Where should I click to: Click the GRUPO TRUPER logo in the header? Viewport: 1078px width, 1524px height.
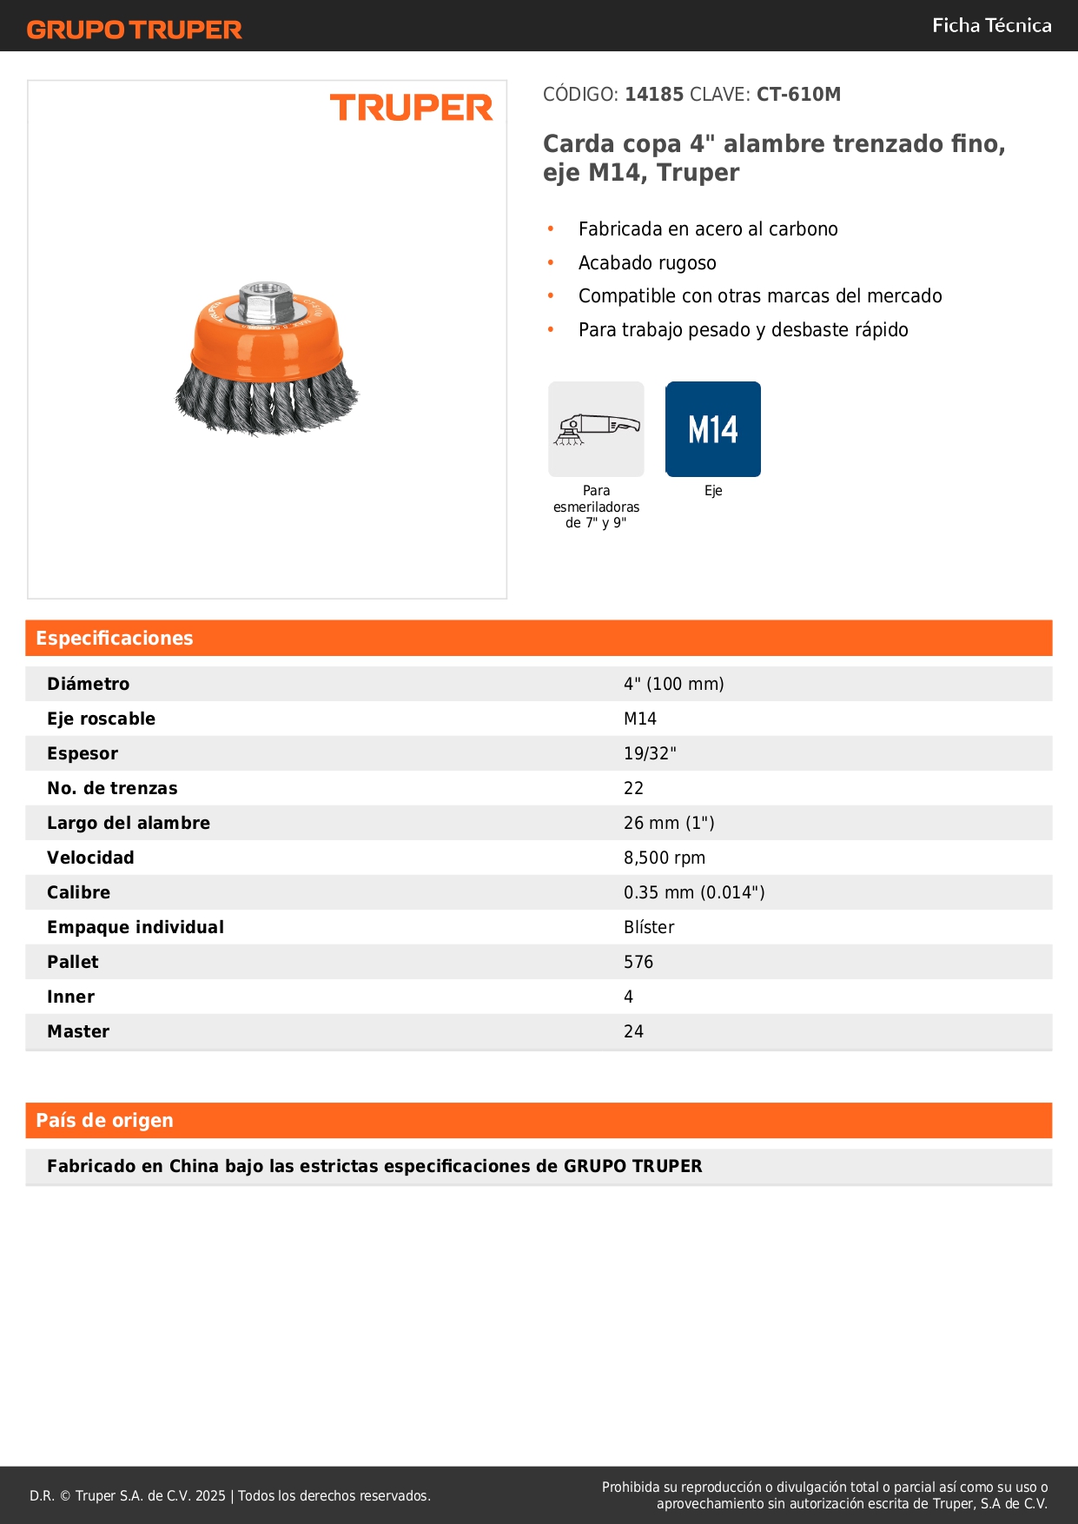(x=134, y=30)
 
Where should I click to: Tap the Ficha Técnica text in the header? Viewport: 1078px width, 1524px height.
(x=991, y=25)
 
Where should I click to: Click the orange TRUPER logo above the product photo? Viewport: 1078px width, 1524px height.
(x=411, y=108)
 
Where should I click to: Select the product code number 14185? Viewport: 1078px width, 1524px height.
(x=654, y=94)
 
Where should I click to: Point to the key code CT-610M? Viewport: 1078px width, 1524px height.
(x=798, y=94)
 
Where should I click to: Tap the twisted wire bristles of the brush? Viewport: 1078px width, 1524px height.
(x=266, y=404)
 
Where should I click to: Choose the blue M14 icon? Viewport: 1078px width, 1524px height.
(x=712, y=429)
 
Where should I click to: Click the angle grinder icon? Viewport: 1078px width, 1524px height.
(x=596, y=429)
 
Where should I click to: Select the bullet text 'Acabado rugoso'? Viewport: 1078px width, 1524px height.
(x=647, y=262)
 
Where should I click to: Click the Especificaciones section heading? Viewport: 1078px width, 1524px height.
(x=115, y=638)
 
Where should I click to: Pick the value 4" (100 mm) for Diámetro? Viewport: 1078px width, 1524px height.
(x=673, y=684)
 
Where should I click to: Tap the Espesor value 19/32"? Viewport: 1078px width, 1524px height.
(x=650, y=753)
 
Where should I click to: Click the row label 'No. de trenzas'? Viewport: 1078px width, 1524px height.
(x=112, y=788)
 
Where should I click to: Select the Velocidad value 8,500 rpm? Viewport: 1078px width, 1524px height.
(x=665, y=858)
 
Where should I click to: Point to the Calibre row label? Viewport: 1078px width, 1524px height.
(x=78, y=892)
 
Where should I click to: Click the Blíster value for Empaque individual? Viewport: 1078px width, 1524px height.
(x=649, y=927)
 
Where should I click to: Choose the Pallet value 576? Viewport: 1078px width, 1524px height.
(x=638, y=962)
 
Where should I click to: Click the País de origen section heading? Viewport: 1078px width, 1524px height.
(x=104, y=1120)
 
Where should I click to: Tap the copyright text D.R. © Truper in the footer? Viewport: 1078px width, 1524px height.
(x=229, y=1495)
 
